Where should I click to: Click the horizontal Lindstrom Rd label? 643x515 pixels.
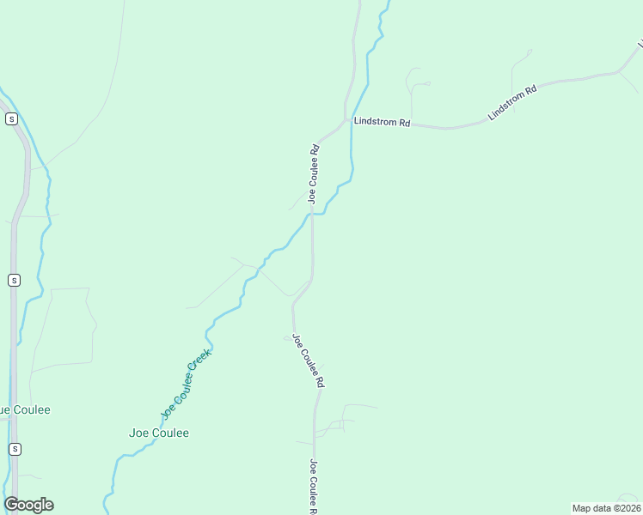click(x=382, y=123)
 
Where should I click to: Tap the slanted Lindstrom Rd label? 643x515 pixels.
click(x=511, y=102)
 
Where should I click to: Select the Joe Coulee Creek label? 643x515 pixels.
click(x=186, y=383)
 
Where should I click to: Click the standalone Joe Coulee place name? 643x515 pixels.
click(x=158, y=433)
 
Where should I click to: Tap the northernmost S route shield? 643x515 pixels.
click(x=11, y=119)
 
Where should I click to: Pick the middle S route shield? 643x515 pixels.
click(x=14, y=280)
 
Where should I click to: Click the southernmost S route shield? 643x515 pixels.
click(x=14, y=449)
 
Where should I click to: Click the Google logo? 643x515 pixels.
click(x=28, y=505)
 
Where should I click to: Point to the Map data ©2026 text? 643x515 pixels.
click(x=606, y=507)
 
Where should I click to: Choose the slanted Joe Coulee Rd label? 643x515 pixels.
click(x=308, y=360)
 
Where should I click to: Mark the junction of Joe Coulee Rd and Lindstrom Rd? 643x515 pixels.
click(x=346, y=120)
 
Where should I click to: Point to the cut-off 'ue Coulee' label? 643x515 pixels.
click(x=25, y=409)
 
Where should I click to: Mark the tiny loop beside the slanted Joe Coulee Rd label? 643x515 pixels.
click(x=287, y=338)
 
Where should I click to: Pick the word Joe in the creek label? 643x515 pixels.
click(x=166, y=411)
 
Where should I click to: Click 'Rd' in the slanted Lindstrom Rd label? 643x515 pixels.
click(x=530, y=89)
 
